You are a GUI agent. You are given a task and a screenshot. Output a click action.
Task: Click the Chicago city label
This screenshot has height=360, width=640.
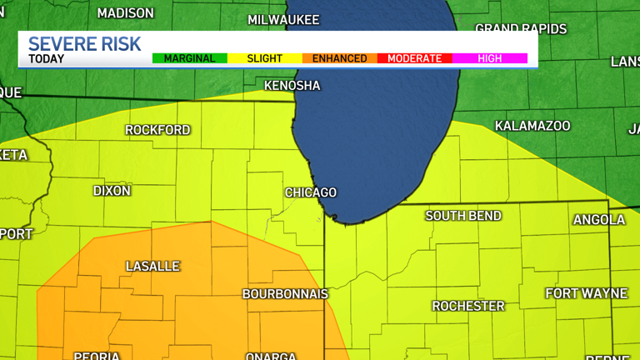coord(311,192)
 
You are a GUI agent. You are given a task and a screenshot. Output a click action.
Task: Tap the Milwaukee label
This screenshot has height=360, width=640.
coord(283,19)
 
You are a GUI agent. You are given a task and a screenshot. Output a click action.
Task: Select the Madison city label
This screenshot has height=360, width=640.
coord(125,13)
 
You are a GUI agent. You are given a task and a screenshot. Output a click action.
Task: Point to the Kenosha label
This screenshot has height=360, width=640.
coord(292,86)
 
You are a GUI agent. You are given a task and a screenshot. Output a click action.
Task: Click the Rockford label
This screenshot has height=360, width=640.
coord(157,130)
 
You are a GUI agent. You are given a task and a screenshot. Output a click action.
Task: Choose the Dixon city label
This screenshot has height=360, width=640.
coord(112,191)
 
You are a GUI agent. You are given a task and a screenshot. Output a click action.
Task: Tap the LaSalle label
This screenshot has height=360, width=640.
coord(152,267)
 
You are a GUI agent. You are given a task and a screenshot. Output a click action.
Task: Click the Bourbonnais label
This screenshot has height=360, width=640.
coord(285,294)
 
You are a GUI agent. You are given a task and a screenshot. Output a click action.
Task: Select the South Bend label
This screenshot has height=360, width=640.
coord(463,216)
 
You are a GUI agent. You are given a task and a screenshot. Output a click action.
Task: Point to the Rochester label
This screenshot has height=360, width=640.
coord(468,307)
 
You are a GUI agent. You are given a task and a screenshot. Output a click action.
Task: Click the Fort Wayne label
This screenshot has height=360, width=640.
coord(586,293)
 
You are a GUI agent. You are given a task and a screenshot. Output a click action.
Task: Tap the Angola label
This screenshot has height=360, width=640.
coord(598,220)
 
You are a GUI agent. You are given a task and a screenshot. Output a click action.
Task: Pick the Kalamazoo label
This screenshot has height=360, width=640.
coord(532,126)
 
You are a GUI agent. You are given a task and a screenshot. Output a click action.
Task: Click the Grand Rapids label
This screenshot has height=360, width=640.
coord(521,29)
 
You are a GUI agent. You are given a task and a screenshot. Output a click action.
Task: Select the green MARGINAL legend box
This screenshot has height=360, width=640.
coord(189,58)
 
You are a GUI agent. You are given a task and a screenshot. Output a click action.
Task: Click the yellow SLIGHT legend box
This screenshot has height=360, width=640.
coord(264,58)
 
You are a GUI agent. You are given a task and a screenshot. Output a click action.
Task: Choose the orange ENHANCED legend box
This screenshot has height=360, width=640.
coord(339,58)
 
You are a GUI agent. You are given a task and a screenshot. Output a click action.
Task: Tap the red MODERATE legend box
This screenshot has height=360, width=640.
coord(414,58)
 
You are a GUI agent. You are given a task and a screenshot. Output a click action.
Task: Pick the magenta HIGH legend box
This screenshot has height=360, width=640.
coord(490,58)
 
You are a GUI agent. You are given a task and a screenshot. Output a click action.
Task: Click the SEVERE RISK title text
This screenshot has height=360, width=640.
coord(84,44)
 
